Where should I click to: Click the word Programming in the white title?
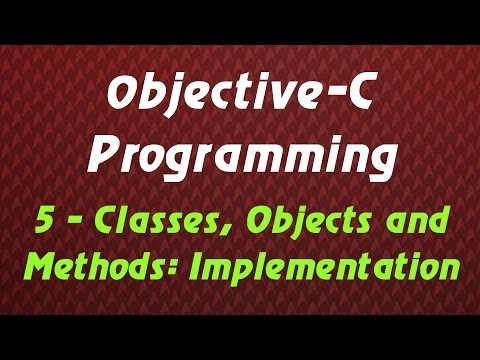241,156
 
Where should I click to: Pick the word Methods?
86,268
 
